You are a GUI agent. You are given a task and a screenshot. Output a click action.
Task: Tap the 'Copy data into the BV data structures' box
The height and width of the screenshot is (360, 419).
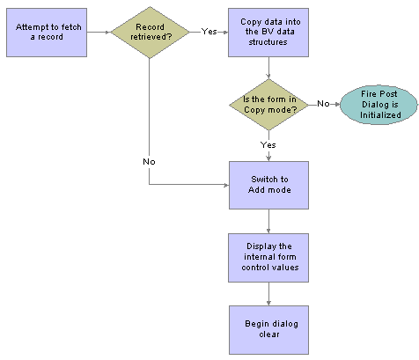point(268,33)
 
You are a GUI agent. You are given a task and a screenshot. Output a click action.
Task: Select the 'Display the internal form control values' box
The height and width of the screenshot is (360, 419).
point(268,257)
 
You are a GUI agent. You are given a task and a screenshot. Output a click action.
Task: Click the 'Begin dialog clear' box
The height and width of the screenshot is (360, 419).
point(268,329)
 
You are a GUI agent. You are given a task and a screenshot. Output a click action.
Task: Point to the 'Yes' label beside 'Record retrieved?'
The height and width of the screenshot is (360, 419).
point(209,32)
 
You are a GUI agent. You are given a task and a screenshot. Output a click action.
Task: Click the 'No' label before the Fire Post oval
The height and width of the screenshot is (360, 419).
point(323,103)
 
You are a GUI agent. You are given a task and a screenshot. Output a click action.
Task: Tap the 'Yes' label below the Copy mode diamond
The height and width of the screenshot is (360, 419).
point(268,144)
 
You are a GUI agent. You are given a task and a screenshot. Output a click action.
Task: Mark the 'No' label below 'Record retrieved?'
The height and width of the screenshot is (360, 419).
point(150,161)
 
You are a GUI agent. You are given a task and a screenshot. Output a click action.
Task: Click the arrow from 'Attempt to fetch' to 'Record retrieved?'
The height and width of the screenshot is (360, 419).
point(99,33)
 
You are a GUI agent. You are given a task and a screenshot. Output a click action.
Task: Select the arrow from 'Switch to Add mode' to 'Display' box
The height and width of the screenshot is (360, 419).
point(268,221)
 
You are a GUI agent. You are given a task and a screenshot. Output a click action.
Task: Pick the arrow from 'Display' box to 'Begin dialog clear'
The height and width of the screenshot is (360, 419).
point(268,293)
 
